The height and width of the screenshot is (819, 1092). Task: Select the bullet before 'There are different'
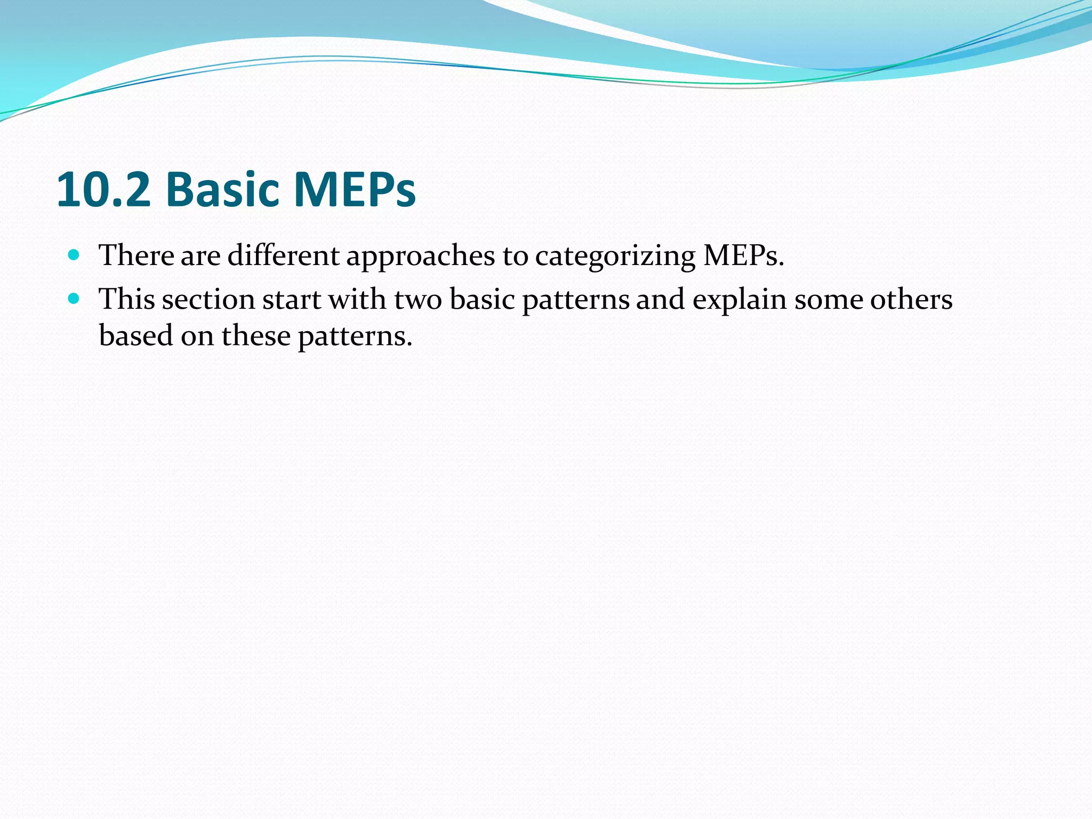coord(74,254)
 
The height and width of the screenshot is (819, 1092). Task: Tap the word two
coord(419,300)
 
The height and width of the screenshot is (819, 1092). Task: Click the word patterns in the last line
coord(355,337)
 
